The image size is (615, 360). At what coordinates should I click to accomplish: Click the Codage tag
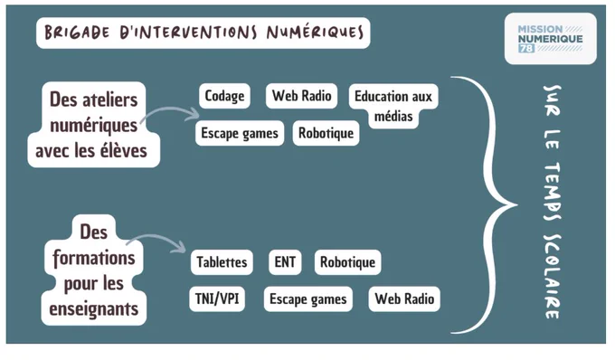pyautogui.click(x=224, y=96)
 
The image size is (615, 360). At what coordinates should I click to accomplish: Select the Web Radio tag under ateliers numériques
pyautogui.click(x=301, y=96)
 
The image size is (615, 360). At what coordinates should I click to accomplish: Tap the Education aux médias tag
pyautogui.click(x=393, y=106)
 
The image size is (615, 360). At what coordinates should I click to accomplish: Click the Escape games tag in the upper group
pyautogui.click(x=240, y=133)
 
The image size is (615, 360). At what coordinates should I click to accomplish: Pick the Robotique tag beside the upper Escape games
pyautogui.click(x=326, y=133)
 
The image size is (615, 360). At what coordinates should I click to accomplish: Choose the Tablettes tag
pyautogui.click(x=222, y=262)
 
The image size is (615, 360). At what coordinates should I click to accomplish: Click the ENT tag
pyautogui.click(x=285, y=262)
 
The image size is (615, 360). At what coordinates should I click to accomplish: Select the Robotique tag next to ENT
pyautogui.click(x=347, y=262)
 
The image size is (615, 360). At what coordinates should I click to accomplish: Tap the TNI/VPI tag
pyautogui.click(x=217, y=298)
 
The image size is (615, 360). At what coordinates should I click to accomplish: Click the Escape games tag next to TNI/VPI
pyautogui.click(x=307, y=298)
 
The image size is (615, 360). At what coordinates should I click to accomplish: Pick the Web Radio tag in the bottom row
pyautogui.click(x=404, y=298)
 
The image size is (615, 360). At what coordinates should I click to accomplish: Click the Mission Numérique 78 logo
pyautogui.click(x=550, y=38)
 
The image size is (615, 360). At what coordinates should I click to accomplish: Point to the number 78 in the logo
pyautogui.click(x=526, y=48)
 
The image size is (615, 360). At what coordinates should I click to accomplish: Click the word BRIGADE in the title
pyautogui.click(x=77, y=33)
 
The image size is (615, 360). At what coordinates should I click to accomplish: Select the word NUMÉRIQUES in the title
pyautogui.click(x=315, y=33)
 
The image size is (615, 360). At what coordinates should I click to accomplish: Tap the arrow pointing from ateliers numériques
pyautogui.click(x=169, y=111)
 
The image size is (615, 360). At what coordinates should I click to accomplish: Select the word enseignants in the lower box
pyautogui.click(x=94, y=309)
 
